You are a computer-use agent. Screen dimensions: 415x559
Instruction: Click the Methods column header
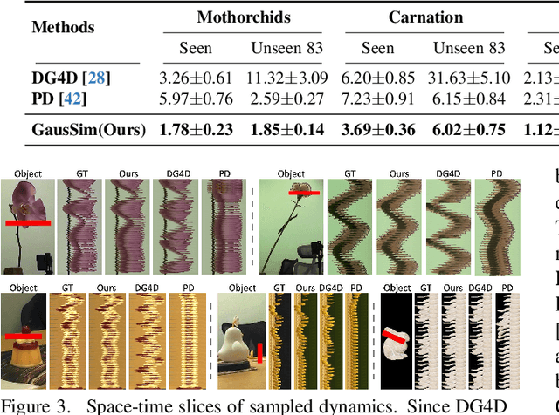click(63, 27)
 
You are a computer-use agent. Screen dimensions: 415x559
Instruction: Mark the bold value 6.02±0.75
click(468, 131)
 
